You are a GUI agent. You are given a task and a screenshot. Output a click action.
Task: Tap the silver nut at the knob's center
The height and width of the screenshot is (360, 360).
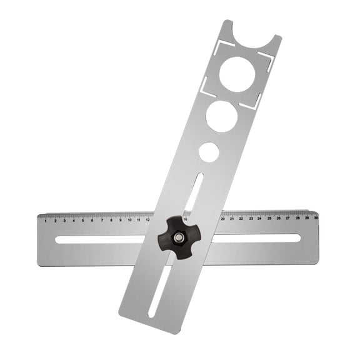coord(178,237)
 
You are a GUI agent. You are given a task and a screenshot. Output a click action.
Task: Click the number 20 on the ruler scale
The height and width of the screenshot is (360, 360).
coord(222,219)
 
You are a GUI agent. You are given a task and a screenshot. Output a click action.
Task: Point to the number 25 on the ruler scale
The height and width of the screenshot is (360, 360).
coord(269,218)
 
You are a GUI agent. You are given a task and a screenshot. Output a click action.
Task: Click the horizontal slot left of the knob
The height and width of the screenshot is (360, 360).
coord(100,239)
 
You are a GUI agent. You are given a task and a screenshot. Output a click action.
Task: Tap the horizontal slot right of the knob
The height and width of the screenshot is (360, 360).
coord(256,237)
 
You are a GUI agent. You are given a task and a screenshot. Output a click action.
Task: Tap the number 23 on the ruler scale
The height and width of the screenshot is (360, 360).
coord(251,218)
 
